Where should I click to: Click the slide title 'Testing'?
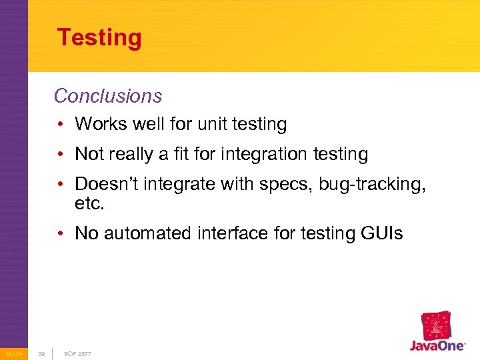coord(99,37)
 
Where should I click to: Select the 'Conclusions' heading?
coord(108,96)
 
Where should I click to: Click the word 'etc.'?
coord(90,203)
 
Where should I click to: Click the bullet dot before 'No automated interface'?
coord(61,233)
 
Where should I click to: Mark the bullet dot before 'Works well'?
coord(61,124)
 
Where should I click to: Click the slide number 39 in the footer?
coord(41,353)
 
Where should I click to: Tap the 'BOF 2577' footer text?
coord(78,353)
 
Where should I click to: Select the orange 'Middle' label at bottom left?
coord(13,353)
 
